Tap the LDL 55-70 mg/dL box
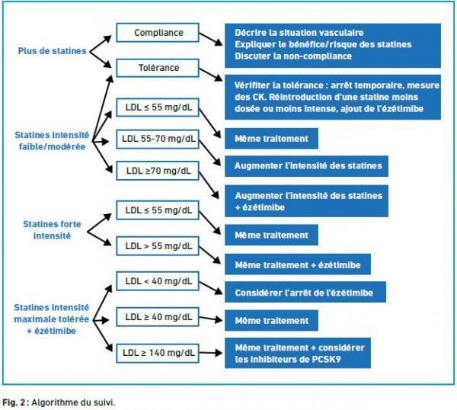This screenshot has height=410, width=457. tap(158, 139)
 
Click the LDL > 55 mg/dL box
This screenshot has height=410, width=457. tap(158, 245)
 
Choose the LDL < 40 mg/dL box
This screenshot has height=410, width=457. tap(158, 281)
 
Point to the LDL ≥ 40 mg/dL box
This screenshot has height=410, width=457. tap(158, 316)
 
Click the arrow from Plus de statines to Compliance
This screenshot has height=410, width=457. tap(101, 42)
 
